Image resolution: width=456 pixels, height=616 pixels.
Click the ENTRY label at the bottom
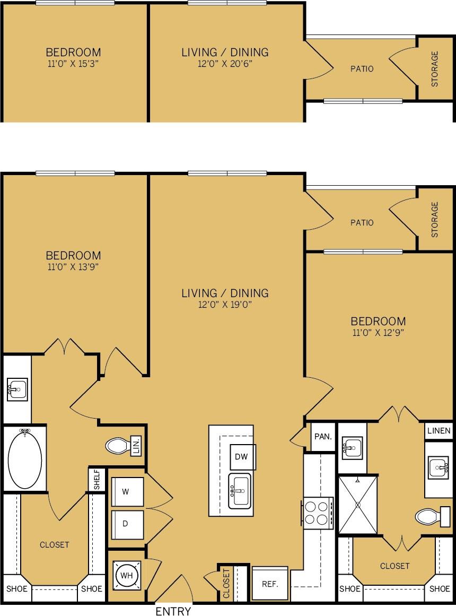pos(173,611)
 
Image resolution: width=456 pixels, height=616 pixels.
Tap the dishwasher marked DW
pos(242,456)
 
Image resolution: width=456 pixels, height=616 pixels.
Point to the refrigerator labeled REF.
pos(270,584)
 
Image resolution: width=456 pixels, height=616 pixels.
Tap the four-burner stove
pos(318,513)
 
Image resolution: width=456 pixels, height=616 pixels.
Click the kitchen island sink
pos(240,491)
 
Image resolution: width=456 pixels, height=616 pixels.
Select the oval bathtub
pos(24,459)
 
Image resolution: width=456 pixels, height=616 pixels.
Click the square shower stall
pos(358,505)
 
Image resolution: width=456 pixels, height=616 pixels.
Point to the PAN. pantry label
pos(323,437)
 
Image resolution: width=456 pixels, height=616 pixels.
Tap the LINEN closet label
pos(439,431)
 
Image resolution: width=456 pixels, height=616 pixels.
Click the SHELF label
pos(97,480)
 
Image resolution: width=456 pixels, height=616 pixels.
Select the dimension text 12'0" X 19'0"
pos(225,305)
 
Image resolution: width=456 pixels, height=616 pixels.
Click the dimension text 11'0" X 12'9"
pos(378,333)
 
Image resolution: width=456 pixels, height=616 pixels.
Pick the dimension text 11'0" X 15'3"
pos(73,64)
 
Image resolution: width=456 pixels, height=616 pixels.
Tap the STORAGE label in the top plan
pos(435,68)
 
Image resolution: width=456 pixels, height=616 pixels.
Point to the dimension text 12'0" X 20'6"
pos(225,64)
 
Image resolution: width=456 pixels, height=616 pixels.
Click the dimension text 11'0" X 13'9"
pos(73,267)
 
